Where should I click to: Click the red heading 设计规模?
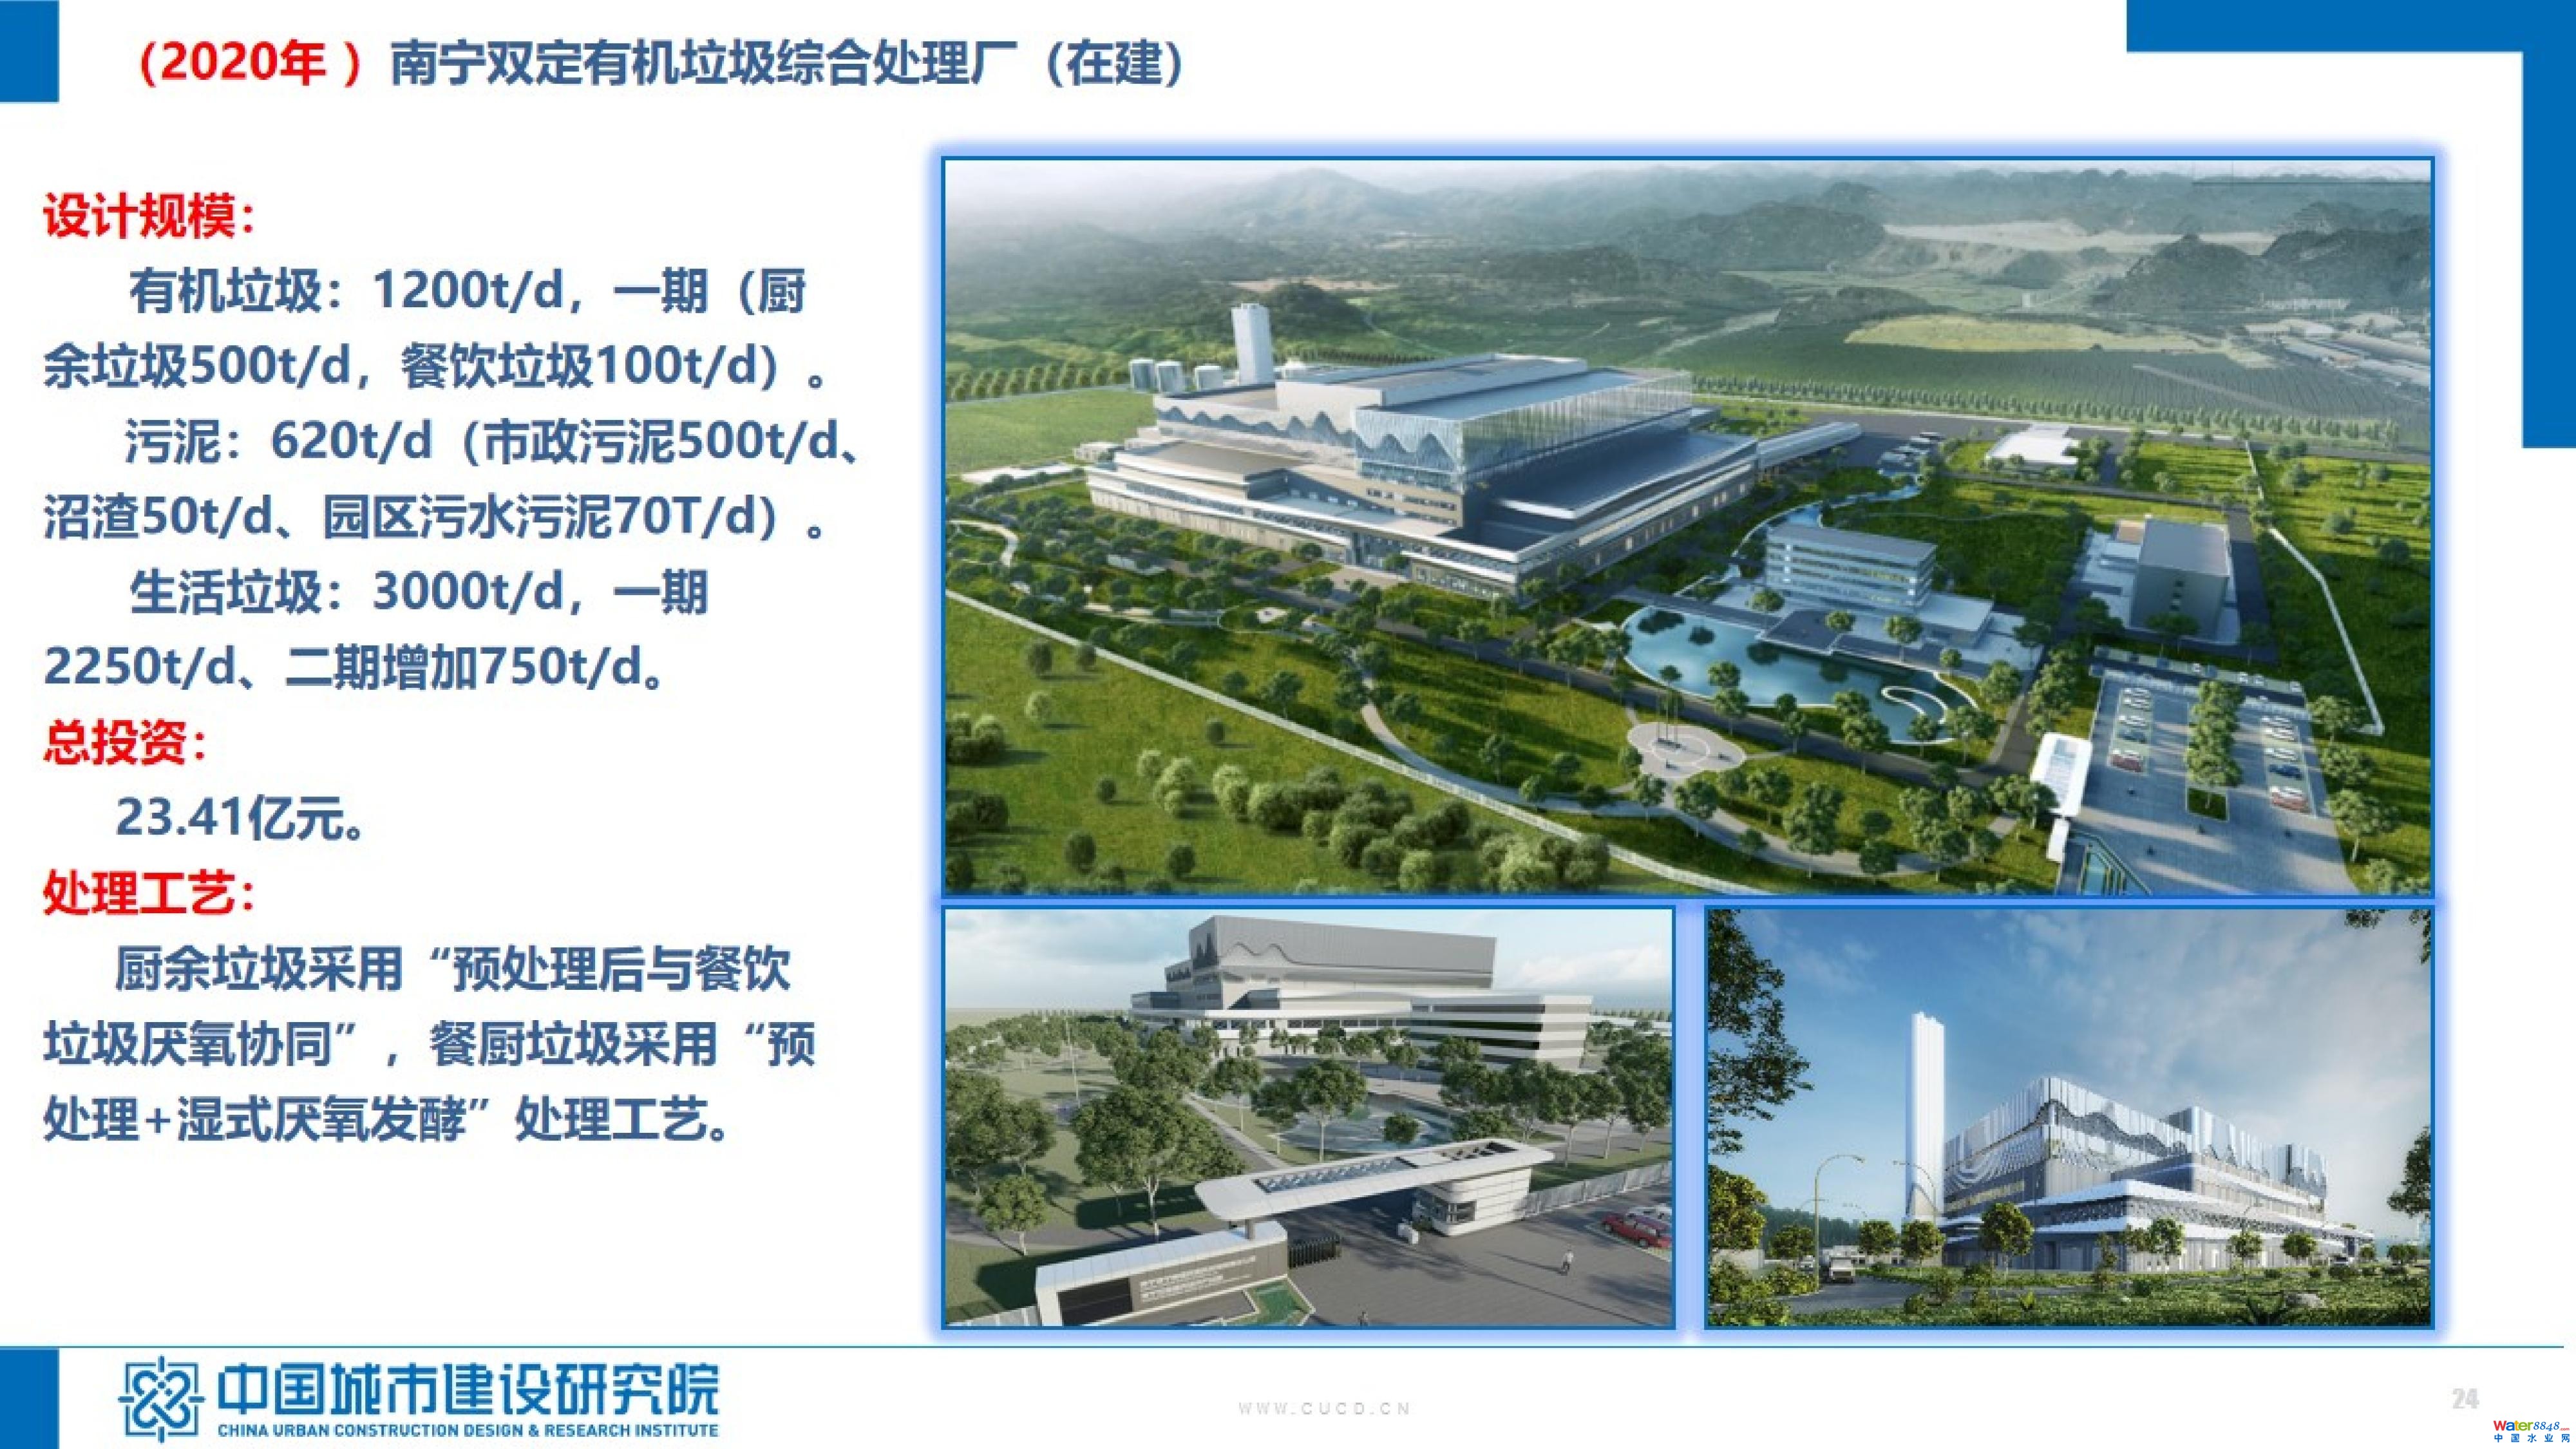click(x=139, y=216)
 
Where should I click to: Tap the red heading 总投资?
click(x=115, y=742)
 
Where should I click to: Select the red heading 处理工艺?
click(x=139, y=893)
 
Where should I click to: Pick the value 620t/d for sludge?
click(x=352, y=441)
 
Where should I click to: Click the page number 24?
click(x=2465, y=1398)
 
